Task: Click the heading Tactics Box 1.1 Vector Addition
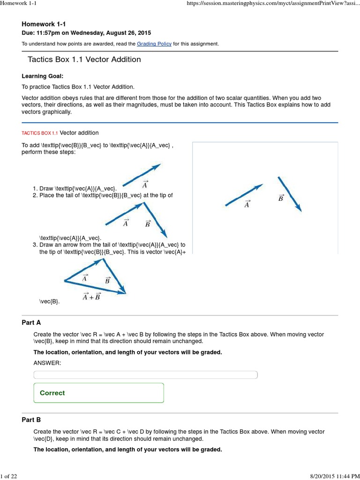click(84, 60)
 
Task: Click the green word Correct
click(52, 393)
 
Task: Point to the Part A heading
click(31, 322)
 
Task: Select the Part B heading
click(31, 420)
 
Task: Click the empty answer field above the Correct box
click(145, 375)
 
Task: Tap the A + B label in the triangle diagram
click(91, 296)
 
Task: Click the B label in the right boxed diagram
click(281, 198)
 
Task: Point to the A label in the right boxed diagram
click(247, 204)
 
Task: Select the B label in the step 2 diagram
click(148, 224)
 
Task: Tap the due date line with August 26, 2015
click(86, 32)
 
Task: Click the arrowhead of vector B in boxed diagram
click(299, 208)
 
